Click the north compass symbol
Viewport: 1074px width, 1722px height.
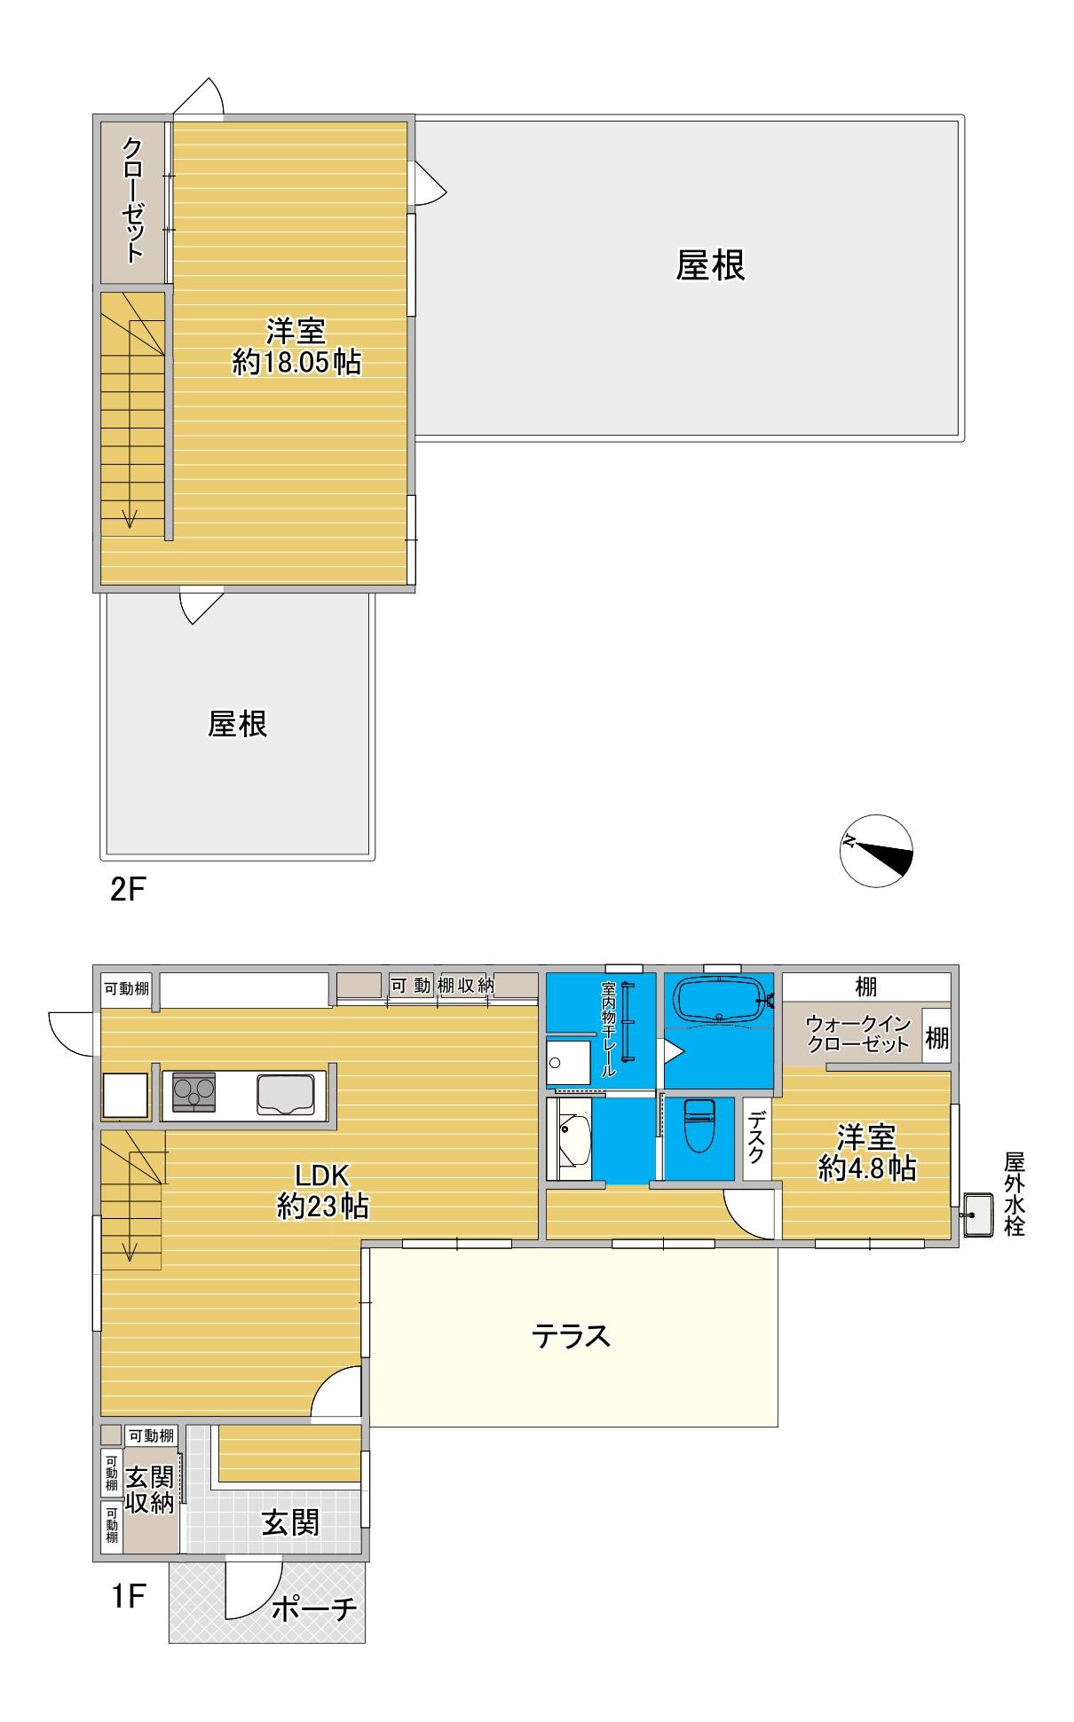pos(876,850)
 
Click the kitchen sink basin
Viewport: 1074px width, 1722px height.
pos(285,1093)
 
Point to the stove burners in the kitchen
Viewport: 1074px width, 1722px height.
pos(193,1091)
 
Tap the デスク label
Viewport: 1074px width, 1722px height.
pos(756,1139)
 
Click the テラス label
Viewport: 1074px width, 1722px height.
pos(571,1336)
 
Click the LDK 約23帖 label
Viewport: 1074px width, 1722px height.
pos(323,1191)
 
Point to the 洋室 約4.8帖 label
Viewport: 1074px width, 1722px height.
pos(866,1152)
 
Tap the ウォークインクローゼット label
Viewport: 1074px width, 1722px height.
pos(858,1034)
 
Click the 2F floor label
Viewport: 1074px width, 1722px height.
pos(126,889)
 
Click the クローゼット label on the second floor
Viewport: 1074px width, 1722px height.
pos(133,200)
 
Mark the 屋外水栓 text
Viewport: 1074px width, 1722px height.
pos(1014,1193)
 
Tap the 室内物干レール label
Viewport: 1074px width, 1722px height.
pos(608,1029)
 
